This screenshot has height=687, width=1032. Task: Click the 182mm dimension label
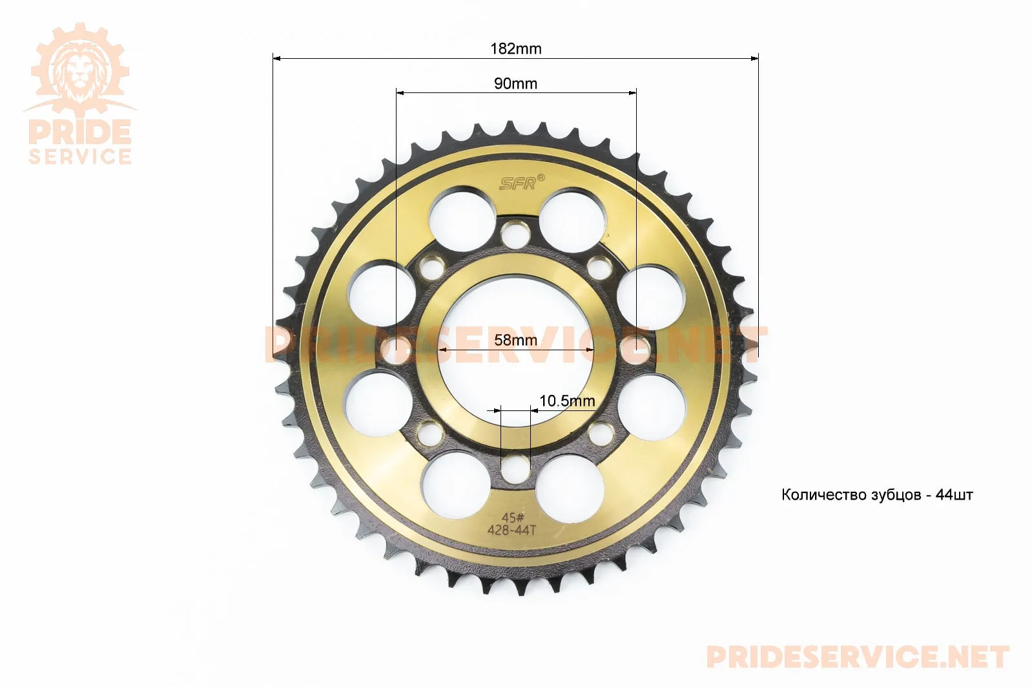[515, 49]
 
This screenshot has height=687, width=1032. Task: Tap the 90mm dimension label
[515, 83]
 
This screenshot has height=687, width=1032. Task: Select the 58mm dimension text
[515, 341]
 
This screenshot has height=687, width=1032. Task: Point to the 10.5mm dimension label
[567, 401]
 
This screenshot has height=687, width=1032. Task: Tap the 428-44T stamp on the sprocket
[512, 531]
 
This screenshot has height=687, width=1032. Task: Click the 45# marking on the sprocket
[512, 518]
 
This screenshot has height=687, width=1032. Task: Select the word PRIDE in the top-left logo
[79, 132]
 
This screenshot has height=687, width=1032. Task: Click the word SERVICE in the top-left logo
[79, 156]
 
